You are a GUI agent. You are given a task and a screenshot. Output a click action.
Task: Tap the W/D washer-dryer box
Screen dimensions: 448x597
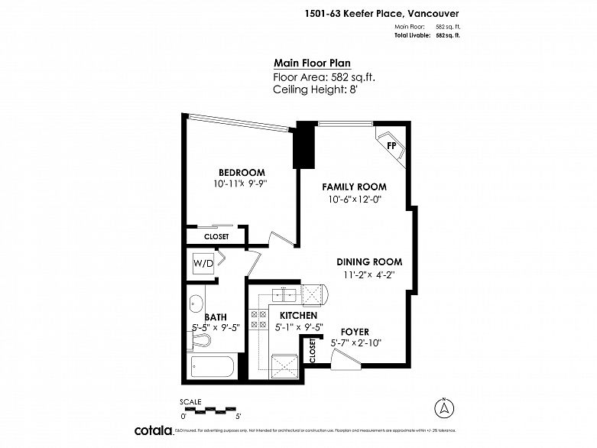click(203, 264)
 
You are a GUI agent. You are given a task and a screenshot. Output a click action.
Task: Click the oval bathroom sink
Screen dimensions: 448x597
click(195, 302)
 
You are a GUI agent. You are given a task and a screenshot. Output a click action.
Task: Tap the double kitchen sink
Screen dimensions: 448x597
click(282, 294)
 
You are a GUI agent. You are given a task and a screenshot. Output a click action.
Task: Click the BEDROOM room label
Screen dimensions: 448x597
click(241, 172)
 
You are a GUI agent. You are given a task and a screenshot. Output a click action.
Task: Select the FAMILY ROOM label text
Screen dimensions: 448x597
click(354, 187)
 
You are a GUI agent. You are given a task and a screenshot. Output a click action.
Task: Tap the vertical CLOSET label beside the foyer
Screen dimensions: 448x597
click(313, 352)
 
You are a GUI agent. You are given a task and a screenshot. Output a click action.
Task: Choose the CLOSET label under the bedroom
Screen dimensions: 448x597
click(216, 237)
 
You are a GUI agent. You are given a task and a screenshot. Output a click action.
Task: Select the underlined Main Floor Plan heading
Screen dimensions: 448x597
click(313, 64)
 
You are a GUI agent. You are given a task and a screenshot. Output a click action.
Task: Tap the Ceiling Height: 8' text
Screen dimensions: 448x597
click(315, 89)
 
